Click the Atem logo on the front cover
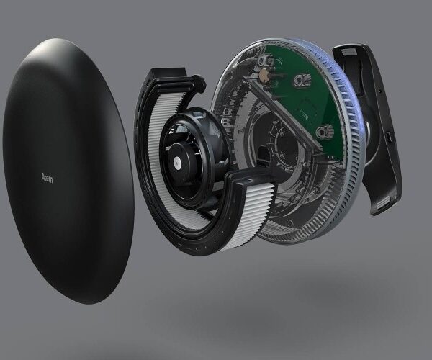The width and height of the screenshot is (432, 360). click(x=47, y=179)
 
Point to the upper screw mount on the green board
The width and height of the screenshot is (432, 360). click(x=300, y=80)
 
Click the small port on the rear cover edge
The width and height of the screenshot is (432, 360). click(x=389, y=137)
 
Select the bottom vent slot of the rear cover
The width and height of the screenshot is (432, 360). click(x=384, y=204)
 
